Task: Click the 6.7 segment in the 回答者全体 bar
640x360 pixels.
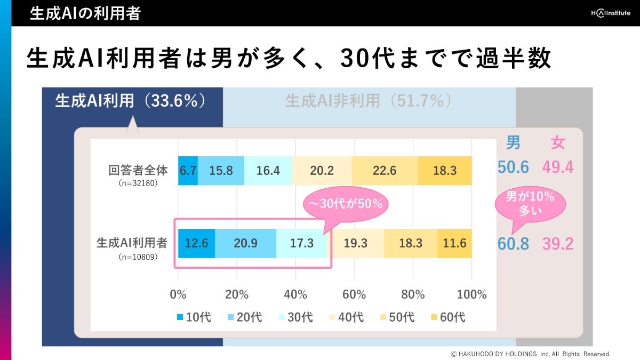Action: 188,171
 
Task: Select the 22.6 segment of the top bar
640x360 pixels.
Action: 385,171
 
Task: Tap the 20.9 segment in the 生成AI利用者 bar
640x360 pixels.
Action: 245,243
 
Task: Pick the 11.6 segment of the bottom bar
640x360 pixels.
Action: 454,243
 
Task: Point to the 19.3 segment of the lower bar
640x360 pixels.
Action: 356,243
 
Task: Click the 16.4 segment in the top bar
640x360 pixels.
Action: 268,171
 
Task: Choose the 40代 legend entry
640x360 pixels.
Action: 346,317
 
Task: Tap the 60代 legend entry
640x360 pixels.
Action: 448,317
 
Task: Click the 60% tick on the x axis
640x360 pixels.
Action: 354,294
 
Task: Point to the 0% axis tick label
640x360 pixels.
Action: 178,294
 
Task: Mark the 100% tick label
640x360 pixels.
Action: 471,294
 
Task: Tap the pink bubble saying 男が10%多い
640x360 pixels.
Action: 530,203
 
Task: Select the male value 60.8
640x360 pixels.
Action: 513,244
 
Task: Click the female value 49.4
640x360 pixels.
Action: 557,167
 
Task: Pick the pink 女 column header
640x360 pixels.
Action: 558,143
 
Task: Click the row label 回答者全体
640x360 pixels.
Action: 138,171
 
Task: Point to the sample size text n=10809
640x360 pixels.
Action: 138,257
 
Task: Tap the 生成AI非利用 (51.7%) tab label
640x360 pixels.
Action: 369,101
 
